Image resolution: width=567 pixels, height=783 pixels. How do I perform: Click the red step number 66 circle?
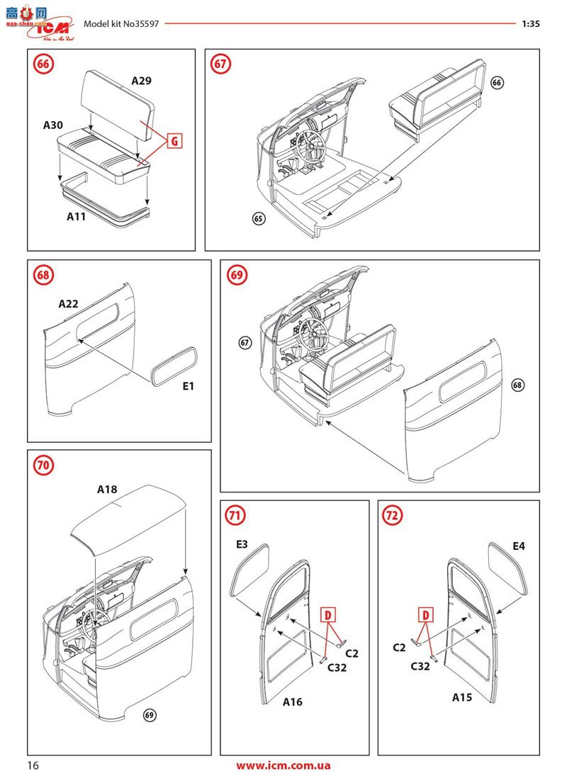point(43,64)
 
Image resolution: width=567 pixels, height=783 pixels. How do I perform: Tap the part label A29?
point(141,81)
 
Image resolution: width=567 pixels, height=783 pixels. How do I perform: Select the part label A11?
point(72,217)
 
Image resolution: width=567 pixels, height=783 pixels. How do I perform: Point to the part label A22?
point(68,303)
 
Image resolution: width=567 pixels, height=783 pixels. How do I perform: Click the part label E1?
point(187,386)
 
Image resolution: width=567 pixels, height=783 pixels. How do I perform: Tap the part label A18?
point(107,488)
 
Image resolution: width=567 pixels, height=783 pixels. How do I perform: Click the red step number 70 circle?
point(43,465)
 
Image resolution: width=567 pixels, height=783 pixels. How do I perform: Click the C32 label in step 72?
point(421,666)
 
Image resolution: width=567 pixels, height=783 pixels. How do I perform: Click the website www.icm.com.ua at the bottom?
point(283,765)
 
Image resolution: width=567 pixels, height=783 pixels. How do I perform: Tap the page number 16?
point(33,765)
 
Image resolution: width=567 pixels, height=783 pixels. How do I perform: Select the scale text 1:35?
point(530,23)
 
